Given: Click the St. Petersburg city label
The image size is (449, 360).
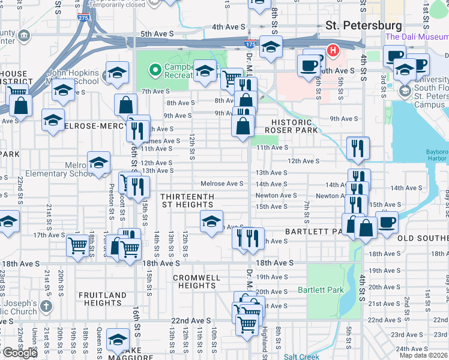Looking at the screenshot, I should [363, 26].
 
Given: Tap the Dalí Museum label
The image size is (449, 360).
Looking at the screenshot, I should [417, 37].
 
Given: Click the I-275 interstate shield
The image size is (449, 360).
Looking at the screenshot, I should [84, 19].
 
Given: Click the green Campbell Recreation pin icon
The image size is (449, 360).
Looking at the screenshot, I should [155, 71].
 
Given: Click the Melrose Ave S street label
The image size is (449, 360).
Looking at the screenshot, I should [221, 184].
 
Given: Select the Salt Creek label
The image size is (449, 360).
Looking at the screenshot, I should [302, 356].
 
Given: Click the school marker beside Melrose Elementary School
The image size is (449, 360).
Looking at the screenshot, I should [98, 163].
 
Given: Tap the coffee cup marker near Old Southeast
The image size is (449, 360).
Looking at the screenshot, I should [387, 222].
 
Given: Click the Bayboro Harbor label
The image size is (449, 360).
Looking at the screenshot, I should [437, 156].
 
